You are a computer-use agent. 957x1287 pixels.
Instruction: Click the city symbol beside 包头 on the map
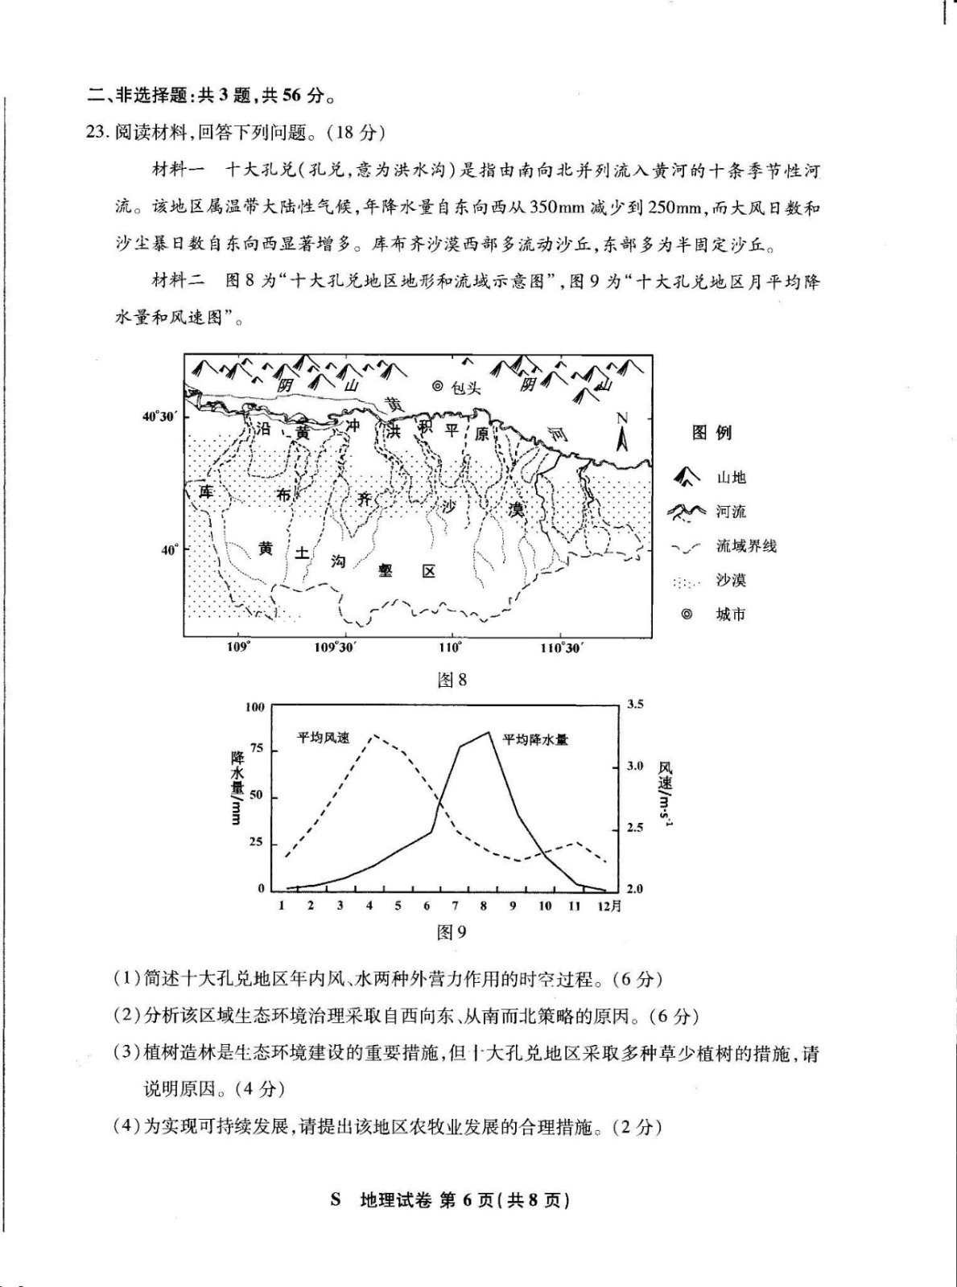pos(438,386)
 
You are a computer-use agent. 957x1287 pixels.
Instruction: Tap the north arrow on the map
pos(621,434)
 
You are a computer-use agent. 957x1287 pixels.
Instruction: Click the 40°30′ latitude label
pos(159,416)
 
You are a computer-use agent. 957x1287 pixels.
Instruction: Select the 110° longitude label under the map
pos(451,648)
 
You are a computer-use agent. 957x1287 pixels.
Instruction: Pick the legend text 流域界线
pos(746,546)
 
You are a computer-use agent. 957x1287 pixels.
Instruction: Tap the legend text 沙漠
pos(732,580)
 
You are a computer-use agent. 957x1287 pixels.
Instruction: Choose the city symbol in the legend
pos(687,614)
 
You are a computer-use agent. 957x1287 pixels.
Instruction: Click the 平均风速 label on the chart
pos(324,737)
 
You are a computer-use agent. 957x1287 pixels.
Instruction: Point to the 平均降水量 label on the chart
pos(535,738)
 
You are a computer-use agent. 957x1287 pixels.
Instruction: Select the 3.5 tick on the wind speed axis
pos(635,705)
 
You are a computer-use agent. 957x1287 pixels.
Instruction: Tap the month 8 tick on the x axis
pos(484,906)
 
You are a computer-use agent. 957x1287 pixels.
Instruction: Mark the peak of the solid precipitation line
pos(488,732)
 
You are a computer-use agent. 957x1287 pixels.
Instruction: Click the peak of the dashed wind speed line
pos(371,735)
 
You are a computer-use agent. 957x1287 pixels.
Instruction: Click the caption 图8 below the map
pos(452,680)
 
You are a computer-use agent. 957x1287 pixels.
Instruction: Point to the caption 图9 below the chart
pos(452,931)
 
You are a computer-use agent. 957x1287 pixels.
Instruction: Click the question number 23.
pos(97,132)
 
